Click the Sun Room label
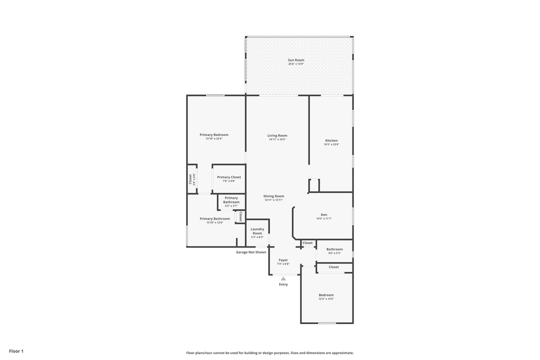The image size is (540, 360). pos(295,60)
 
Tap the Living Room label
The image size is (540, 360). pos(277,135)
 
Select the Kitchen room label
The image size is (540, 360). pos(331,140)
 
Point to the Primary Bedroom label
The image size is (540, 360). pos(214,134)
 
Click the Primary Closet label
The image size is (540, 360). pos(229,177)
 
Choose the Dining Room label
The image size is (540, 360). pos(273,196)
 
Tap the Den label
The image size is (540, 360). pos(324,214)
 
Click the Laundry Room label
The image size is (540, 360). pos(257,231)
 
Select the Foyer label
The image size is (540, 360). pos(283,260)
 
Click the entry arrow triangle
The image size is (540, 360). pos(283,278)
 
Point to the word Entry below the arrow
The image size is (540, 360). pos(283,284)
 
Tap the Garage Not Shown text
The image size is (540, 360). pos(251,252)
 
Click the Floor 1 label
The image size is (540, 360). pos(16,351)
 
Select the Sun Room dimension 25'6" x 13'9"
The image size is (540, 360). pos(295,64)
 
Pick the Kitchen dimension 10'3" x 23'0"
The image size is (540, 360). pos(331,144)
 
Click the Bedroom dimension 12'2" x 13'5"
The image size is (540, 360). pos(326,299)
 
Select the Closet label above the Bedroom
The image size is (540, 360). pos(333,267)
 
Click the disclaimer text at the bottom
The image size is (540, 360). pos(269,352)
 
